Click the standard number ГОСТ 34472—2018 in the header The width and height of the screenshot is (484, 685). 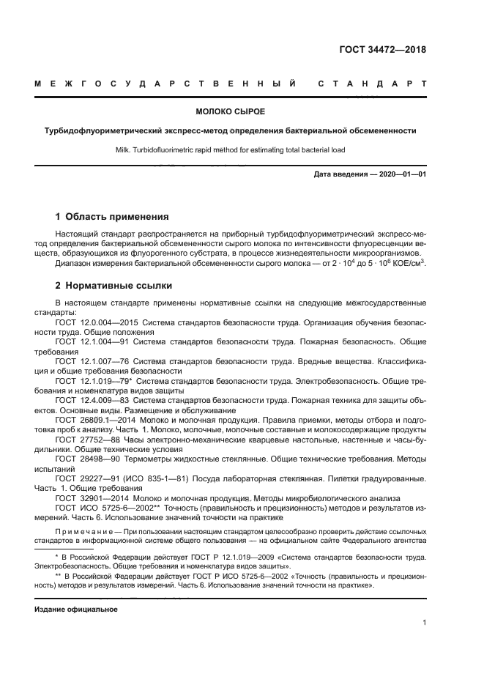click(381, 51)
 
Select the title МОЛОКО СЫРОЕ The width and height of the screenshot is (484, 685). click(230, 112)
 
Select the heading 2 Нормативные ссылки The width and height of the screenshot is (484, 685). click(113, 285)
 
